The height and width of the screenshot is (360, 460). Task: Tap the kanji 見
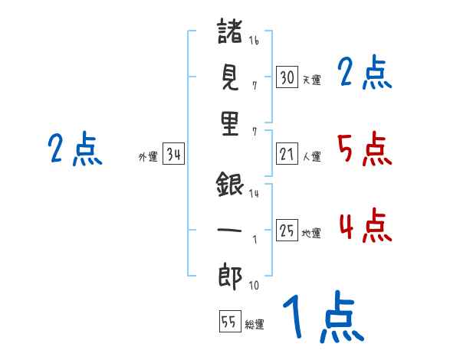(230, 77)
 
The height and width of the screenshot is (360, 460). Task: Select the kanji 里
(230, 124)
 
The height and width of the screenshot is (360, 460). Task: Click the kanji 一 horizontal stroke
(230, 229)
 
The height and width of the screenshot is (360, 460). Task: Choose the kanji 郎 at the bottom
(230, 275)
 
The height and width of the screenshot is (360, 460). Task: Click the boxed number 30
(287, 77)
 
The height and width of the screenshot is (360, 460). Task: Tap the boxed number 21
(287, 155)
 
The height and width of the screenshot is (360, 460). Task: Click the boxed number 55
(229, 322)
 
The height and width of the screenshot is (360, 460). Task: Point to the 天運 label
(311, 80)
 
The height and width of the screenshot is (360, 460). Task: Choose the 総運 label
(255, 324)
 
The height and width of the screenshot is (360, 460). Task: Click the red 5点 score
(365, 149)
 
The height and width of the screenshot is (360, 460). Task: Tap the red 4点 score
(365, 226)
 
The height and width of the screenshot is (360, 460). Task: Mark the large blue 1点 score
(322, 318)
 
